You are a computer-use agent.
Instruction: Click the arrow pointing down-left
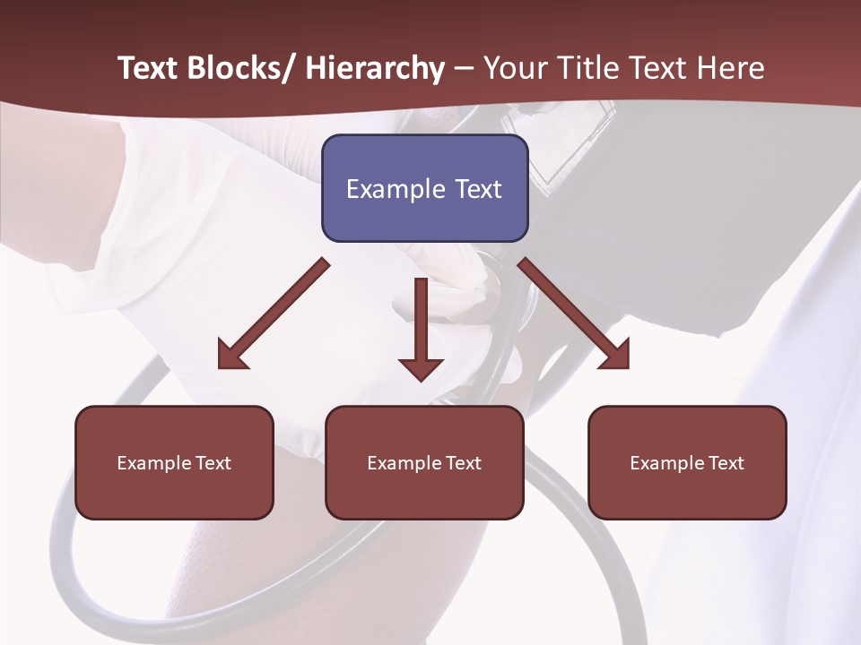274,314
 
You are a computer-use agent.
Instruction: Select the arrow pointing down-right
574,314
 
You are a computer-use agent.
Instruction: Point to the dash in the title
465,68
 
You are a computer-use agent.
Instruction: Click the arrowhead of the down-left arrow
231,357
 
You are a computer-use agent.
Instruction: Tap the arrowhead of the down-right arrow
616,356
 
